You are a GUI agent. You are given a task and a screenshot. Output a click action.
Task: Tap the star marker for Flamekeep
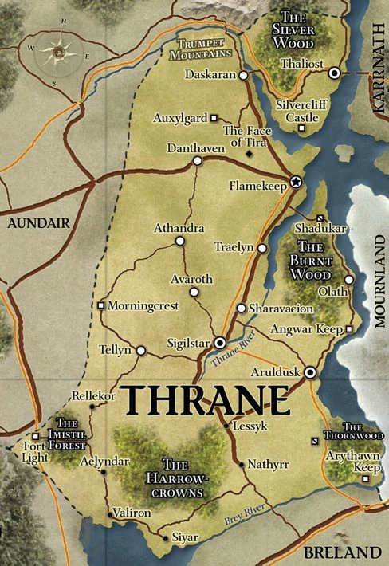(x=296, y=182)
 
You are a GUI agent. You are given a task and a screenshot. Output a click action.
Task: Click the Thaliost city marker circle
(x=335, y=73)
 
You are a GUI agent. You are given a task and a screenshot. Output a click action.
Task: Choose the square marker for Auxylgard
(x=214, y=118)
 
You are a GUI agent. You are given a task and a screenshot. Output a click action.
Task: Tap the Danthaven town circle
(x=197, y=161)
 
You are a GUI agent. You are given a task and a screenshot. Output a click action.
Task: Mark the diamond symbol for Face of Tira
(x=250, y=152)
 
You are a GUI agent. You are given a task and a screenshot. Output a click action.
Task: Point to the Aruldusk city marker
(x=310, y=372)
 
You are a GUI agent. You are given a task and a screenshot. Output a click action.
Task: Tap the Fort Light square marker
(x=37, y=426)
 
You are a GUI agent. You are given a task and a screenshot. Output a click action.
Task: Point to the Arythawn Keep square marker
(x=365, y=479)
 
